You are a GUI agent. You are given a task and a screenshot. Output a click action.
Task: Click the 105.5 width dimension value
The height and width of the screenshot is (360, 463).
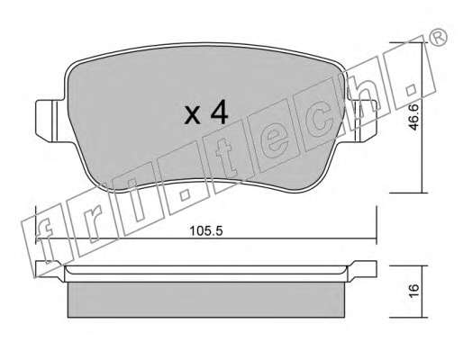tap(206, 231)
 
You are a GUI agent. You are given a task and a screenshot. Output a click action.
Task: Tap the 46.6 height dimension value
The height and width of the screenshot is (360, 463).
tap(413, 117)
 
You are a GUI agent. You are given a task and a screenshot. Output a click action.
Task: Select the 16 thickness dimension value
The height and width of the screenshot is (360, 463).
tap(413, 290)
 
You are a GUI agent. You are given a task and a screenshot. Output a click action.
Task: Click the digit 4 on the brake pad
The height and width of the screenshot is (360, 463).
tap(219, 112)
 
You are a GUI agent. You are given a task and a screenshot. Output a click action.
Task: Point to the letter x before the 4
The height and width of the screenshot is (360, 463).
tap(192, 115)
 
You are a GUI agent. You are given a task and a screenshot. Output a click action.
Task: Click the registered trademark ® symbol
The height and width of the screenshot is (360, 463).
tap(439, 38)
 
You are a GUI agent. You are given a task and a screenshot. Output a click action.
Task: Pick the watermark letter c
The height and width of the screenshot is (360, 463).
tap(322, 121)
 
